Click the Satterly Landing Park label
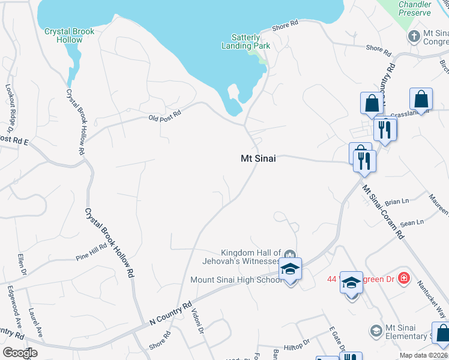(x=241, y=41)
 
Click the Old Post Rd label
(x=164, y=115)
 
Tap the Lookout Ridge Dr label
(x=10, y=105)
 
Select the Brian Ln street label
(x=396, y=202)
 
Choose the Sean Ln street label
(x=412, y=223)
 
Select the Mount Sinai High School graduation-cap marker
(x=291, y=269)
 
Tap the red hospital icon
(x=404, y=278)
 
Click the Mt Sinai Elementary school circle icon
(x=376, y=331)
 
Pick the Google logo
(x=20, y=352)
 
